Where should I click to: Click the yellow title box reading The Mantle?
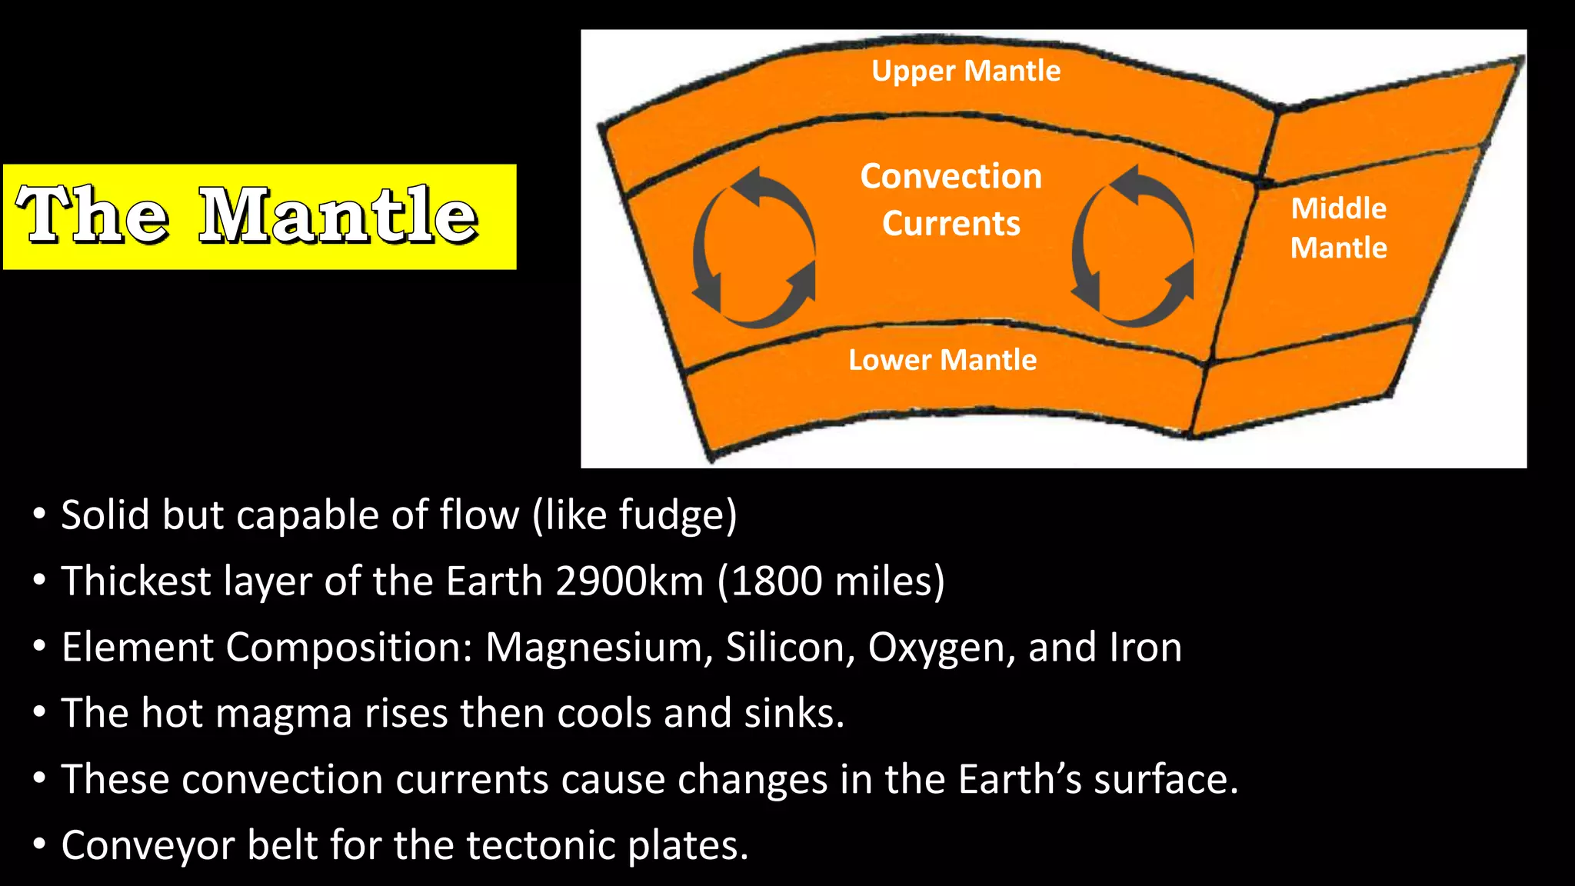coord(259,216)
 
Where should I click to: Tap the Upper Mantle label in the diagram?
coord(966,71)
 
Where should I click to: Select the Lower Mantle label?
coord(942,360)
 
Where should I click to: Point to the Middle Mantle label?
coord(1338,228)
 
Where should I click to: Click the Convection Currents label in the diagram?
coord(951,199)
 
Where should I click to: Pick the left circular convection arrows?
coord(754,248)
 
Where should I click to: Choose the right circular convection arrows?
coord(1133,246)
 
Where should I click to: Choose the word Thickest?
coord(136,581)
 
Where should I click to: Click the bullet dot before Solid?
coord(39,514)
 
